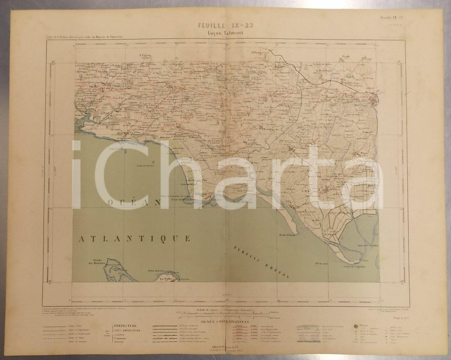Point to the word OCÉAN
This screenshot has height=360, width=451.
(134, 202)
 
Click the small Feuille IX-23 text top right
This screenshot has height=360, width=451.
(391, 18)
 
